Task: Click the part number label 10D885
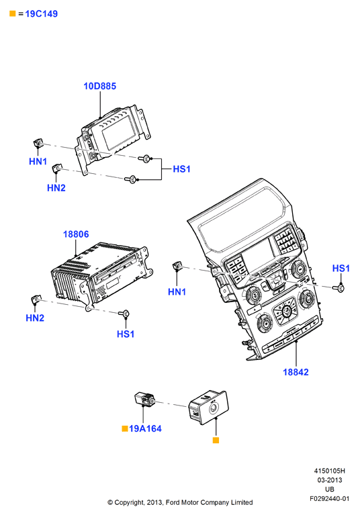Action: point(100,86)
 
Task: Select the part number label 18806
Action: point(76,234)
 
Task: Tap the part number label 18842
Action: point(296,372)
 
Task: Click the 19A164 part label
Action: point(145,428)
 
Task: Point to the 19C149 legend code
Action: point(41,14)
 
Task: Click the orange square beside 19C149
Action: point(13,13)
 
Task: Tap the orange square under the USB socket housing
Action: point(216,440)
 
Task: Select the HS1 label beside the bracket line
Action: point(182,169)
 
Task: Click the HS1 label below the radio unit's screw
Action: point(126,334)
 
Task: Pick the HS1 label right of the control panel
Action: point(341,269)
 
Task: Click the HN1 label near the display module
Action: point(38,161)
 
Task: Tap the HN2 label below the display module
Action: point(56,187)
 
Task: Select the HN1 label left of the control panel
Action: point(177,292)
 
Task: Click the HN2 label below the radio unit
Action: point(35,318)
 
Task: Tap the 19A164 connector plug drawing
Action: point(144,399)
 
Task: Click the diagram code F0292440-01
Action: point(329,498)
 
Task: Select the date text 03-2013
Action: point(329,480)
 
